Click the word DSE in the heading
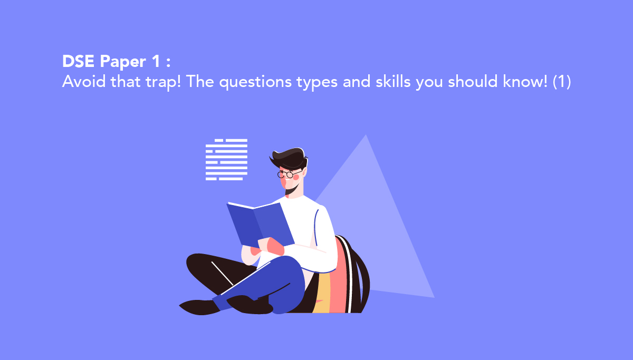(x=78, y=61)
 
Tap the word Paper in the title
(x=123, y=62)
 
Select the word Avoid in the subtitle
(x=84, y=82)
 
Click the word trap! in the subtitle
(x=163, y=82)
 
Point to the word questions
(x=255, y=82)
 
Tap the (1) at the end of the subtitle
(x=562, y=82)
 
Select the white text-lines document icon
(x=226, y=160)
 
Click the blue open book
(x=261, y=225)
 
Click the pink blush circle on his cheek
(x=296, y=177)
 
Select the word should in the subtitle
(x=473, y=81)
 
